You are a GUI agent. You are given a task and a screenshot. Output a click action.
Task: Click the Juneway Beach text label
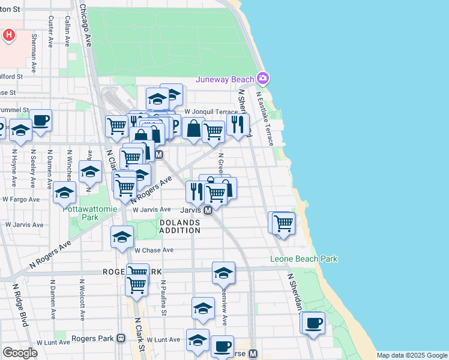point(224,79)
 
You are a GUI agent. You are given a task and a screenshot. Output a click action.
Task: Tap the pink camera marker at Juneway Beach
point(262,78)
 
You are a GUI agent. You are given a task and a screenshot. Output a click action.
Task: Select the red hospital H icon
point(8,35)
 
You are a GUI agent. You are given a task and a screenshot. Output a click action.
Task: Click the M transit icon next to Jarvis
point(208,211)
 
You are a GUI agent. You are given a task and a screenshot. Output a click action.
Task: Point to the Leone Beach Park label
point(303,259)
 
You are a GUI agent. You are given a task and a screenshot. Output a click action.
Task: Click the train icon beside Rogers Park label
point(121,338)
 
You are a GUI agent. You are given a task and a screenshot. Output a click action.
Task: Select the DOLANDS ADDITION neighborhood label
point(180,226)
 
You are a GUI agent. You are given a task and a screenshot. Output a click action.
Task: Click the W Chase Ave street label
point(154,250)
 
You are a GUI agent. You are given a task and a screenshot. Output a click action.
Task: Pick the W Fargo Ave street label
point(21,199)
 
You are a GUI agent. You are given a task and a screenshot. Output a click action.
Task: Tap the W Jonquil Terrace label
point(211,112)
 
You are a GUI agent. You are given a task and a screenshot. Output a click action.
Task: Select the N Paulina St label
point(163,297)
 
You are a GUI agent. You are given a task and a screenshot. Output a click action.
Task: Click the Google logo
point(20,353)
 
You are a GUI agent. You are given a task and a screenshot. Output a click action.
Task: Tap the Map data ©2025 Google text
point(411,355)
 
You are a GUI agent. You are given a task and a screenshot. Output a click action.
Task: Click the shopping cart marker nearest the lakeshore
point(283,224)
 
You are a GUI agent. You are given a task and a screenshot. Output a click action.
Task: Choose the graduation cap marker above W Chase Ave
point(122,236)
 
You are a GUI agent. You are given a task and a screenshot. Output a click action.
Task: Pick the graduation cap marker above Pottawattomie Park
point(64,192)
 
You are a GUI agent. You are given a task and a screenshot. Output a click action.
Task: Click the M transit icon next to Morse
point(253,354)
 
